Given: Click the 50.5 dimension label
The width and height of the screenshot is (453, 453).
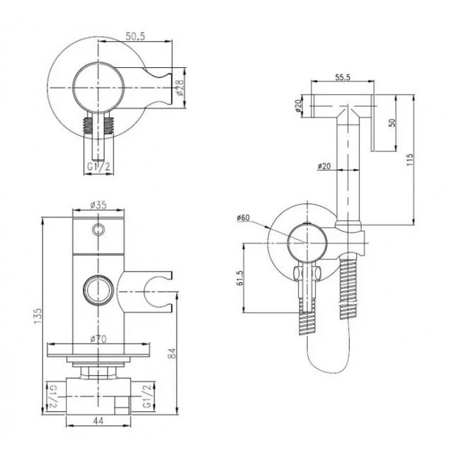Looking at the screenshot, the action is tap(135, 36).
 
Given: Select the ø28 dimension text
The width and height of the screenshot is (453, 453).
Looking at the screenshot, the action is tap(180, 88).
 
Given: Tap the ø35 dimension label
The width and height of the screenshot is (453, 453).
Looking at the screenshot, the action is tap(98, 205).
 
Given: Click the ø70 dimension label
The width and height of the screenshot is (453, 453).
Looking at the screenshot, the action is tap(98, 338).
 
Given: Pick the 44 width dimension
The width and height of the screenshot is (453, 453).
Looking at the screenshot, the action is tap(98, 421).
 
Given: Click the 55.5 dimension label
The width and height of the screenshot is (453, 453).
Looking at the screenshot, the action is tap(343, 77).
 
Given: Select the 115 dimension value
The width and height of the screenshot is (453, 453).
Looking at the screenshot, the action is tap(410, 159).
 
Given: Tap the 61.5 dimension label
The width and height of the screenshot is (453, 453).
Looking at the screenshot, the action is tap(240, 278).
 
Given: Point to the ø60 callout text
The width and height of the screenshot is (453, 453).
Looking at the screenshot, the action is tap(243, 217).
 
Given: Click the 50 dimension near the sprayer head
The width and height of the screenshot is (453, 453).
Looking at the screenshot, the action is tap(391, 122).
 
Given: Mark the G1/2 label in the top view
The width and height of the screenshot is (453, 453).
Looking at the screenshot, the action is tap(99, 167).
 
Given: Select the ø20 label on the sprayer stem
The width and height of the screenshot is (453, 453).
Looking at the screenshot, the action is tap(324, 166).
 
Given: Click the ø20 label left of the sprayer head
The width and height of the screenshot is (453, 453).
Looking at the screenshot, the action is tap(298, 105).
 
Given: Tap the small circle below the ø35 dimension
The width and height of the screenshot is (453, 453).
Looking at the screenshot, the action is tap(98, 229).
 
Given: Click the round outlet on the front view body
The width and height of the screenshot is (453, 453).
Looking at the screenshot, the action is tap(98, 289).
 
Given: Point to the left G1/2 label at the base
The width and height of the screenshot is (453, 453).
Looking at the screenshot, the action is tap(53, 396).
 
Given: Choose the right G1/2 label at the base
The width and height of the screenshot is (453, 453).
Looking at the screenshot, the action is tap(147, 396).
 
